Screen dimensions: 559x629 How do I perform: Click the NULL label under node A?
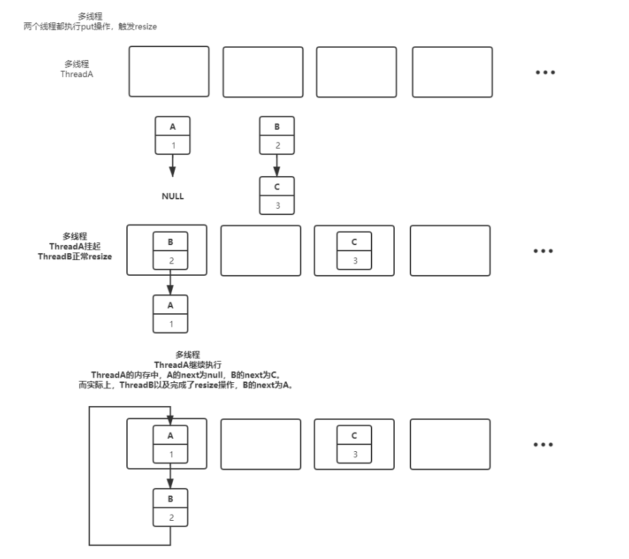point(172,196)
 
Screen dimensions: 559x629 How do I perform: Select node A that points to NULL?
point(172,136)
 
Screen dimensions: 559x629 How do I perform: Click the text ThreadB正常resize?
point(74,256)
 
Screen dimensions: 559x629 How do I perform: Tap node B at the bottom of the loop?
point(171,508)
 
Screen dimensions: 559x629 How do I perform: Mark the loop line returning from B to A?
point(89,478)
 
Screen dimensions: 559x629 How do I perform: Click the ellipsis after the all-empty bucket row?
point(544,72)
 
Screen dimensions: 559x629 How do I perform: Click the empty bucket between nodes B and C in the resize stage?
point(261,250)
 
